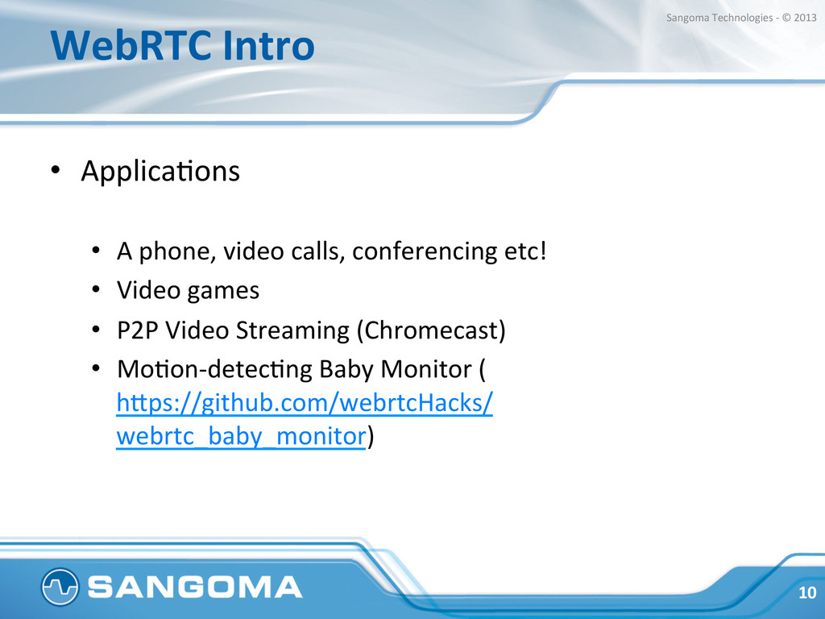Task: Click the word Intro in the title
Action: (269, 45)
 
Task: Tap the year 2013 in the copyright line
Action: (805, 18)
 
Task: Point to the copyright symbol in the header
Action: (786, 18)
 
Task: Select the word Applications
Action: (160, 171)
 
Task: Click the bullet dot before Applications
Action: (56, 170)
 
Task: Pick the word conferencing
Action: (424, 251)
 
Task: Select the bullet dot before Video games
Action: (95, 289)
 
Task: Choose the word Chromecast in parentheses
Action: (431, 330)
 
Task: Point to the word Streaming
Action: (292, 330)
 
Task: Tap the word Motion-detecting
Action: (214, 369)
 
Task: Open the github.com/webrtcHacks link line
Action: (305, 403)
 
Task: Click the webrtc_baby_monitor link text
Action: (241, 436)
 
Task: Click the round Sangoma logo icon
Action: (60, 587)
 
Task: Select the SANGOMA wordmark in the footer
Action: (195, 587)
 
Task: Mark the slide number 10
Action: (807, 592)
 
